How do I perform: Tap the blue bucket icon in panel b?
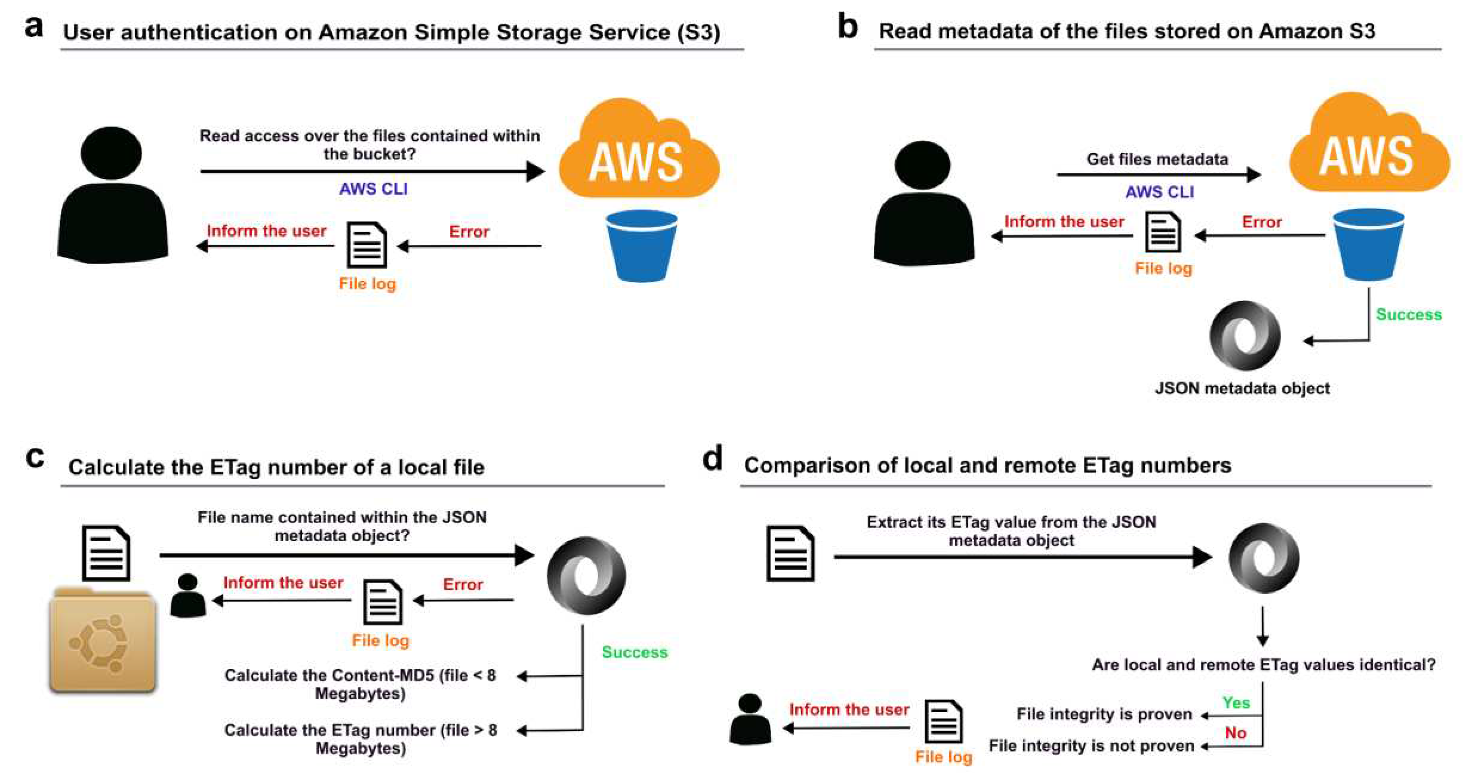[1368, 245]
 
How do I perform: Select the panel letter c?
[35, 458]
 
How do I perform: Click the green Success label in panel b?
[1408, 315]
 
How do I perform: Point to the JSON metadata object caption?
[1242, 388]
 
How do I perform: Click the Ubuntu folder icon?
[103, 639]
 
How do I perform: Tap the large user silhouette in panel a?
[112, 196]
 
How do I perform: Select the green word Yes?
[1236, 703]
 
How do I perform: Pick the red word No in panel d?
[1236, 733]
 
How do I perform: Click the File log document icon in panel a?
[366, 245]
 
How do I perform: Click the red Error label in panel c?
[463, 584]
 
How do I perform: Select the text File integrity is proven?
[1104, 714]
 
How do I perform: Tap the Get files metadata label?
[1157, 159]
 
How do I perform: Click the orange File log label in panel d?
[943, 757]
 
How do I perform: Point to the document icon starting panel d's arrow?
[790, 553]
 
